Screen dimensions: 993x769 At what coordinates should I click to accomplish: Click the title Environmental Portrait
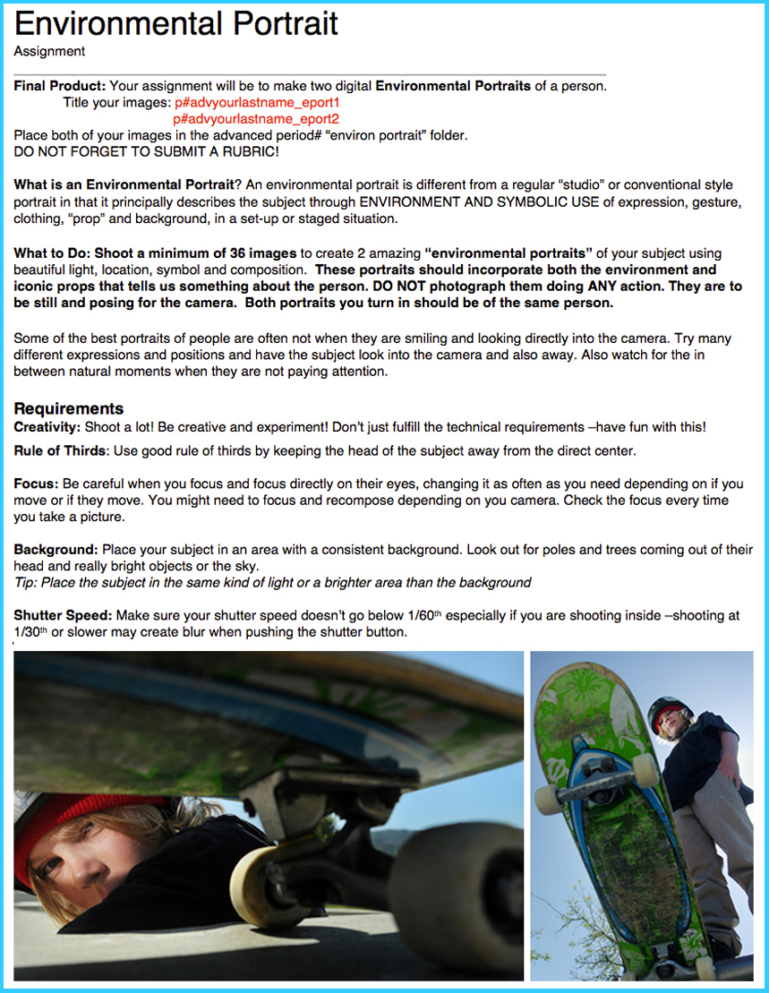click(176, 22)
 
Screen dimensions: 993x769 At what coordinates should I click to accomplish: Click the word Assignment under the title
click(49, 52)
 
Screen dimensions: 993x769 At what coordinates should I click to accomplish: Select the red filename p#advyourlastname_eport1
click(256, 103)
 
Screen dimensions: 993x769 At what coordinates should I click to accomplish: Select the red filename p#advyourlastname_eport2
click(256, 119)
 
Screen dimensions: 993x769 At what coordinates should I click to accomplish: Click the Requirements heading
click(69, 409)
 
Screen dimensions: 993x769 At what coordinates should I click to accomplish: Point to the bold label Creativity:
click(47, 427)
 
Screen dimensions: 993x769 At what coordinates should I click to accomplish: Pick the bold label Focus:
click(36, 484)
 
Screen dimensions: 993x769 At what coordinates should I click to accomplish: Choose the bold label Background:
click(56, 549)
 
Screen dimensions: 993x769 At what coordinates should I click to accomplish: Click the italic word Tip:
click(27, 583)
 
